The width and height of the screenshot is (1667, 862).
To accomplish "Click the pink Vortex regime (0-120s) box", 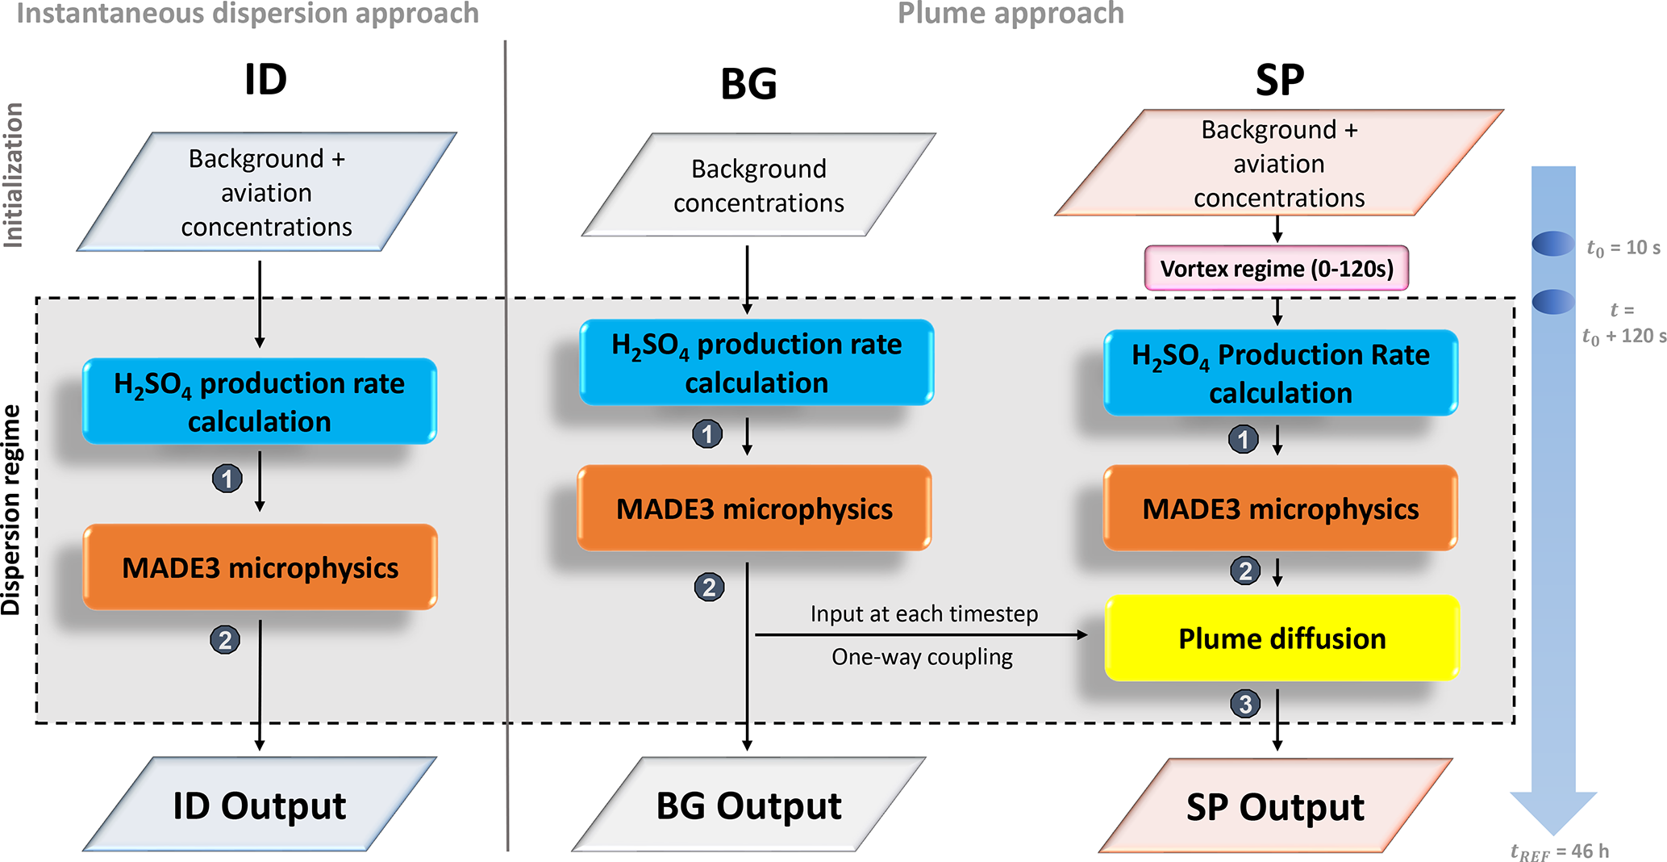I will point(1276,269).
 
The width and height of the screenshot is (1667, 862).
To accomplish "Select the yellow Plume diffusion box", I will point(1282,638).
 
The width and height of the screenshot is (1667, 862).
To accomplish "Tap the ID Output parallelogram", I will point(260,806).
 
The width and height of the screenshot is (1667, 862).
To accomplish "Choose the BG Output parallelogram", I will point(748,806).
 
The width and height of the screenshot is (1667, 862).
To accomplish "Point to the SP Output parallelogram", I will point(1275,806).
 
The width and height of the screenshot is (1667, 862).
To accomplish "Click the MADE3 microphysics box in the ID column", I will point(260,567).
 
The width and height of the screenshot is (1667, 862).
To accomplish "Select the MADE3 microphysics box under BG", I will point(754,508).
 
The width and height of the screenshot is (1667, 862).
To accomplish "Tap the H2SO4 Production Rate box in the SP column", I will point(1280,373).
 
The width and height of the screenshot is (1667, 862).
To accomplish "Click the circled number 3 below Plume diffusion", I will point(1245,704).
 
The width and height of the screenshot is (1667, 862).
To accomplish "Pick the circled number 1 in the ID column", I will point(227,479).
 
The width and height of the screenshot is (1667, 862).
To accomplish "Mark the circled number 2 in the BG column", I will point(709,587).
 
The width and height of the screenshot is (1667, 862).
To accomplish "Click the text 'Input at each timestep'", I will point(924,614).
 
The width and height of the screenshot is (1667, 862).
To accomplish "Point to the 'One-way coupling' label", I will point(922,657).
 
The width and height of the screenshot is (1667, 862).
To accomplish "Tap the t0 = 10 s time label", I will point(1623,248).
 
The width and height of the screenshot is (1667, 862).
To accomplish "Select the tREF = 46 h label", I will point(1559,852).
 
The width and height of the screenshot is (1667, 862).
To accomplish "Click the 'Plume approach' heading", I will point(1011,13).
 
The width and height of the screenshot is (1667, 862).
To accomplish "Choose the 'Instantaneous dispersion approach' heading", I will point(248,13).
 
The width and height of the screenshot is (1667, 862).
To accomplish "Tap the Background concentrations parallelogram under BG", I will point(758,186).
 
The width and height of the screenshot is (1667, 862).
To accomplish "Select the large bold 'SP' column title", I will point(1279,80).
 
